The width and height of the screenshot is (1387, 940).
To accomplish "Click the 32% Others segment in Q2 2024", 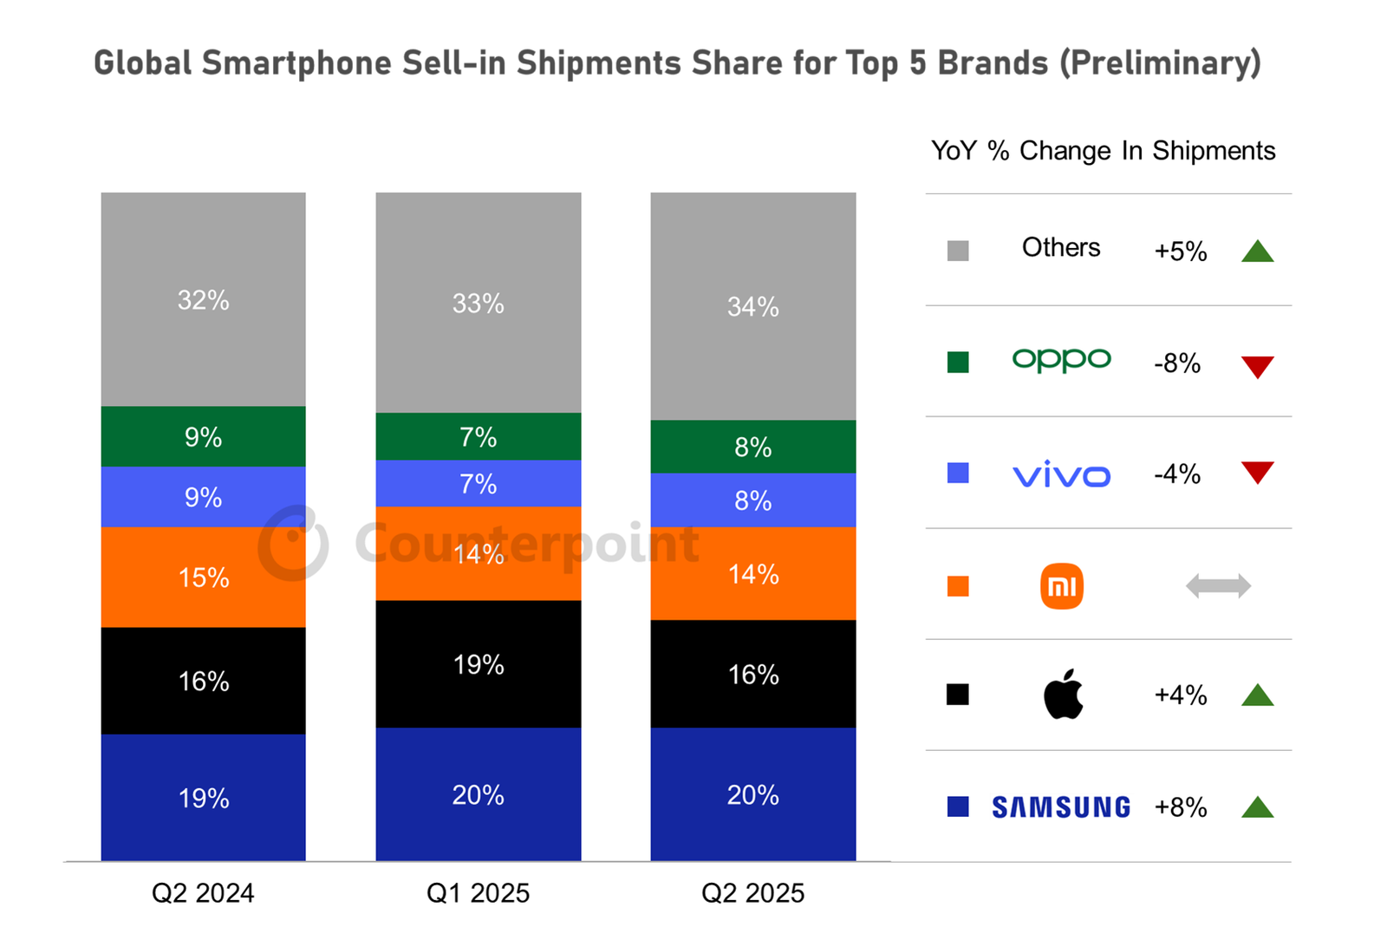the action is [203, 299].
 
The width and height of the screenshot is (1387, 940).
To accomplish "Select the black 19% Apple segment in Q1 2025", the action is [478, 664].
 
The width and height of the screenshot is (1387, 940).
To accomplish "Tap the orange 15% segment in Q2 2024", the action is [203, 578].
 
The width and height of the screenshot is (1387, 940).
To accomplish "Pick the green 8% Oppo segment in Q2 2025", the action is [753, 447].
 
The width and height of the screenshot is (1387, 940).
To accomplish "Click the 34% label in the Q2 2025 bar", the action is [753, 306].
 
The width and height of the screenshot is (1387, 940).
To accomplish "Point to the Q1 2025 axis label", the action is [478, 893].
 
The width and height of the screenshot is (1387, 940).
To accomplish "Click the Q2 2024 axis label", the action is [203, 893].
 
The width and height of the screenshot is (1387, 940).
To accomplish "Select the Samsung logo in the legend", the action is [1061, 807].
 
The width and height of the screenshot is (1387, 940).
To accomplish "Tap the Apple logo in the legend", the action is [1063, 695].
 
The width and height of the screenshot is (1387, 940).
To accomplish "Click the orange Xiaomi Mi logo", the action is [1062, 586].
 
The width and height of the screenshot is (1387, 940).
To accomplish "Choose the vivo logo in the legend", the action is [1061, 474].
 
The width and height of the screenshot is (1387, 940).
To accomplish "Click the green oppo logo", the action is [1061, 361].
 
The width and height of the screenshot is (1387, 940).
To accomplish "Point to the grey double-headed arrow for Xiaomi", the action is [1218, 586].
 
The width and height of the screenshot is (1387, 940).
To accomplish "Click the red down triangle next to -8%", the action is [1258, 367].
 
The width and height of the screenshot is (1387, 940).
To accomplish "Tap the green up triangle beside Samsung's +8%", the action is [1258, 806].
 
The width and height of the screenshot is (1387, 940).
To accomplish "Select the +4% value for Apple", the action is [1180, 695].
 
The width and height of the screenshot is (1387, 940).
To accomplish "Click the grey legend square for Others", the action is [958, 251].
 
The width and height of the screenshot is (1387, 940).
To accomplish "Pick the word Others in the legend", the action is [1061, 247].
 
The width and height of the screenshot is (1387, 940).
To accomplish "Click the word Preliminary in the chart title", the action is [1160, 63].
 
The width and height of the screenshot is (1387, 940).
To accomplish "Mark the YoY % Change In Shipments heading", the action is [1103, 151].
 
